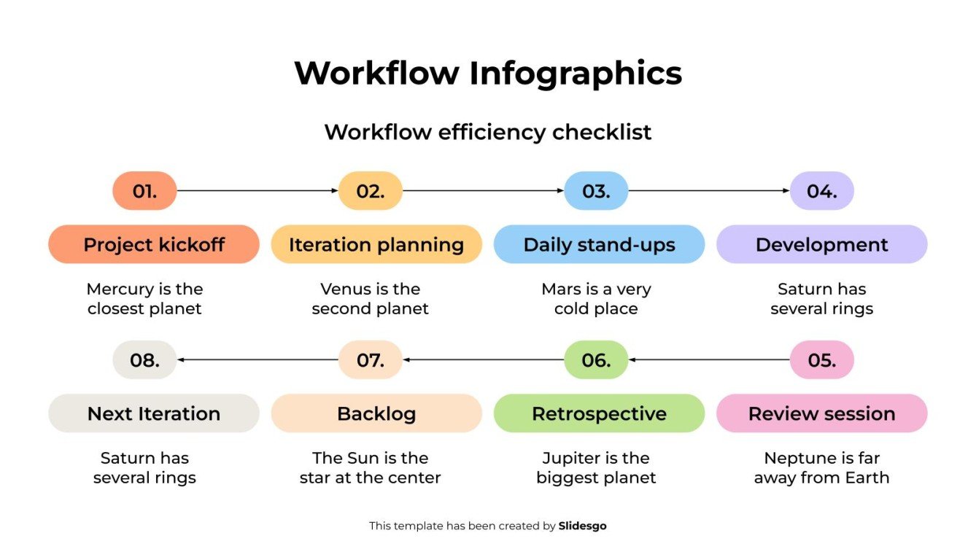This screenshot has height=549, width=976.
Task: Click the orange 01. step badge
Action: click(144, 191)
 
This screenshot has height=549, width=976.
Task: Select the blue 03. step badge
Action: click(596, 191)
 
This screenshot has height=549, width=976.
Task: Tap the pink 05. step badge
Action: click(821, 360)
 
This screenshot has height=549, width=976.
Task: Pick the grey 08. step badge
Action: click(144, 360)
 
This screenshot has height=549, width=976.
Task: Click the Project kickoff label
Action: click(154, 244)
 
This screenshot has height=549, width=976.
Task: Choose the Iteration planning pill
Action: click(376, 244)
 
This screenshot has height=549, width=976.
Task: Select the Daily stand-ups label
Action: click(599, 244)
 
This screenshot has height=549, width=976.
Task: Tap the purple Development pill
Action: click(821, 244)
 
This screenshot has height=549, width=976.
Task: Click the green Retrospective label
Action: click(599, 413)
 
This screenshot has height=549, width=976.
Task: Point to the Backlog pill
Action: click(376, 413)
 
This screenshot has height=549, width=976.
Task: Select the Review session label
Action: click(821, 413)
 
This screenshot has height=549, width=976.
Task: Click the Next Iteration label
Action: click(154, 413)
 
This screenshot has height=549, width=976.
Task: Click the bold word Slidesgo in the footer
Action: click(582, 526)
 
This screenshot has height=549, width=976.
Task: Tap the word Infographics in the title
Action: click(575, 74)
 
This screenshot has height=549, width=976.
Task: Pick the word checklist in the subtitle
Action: click(602, 133)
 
